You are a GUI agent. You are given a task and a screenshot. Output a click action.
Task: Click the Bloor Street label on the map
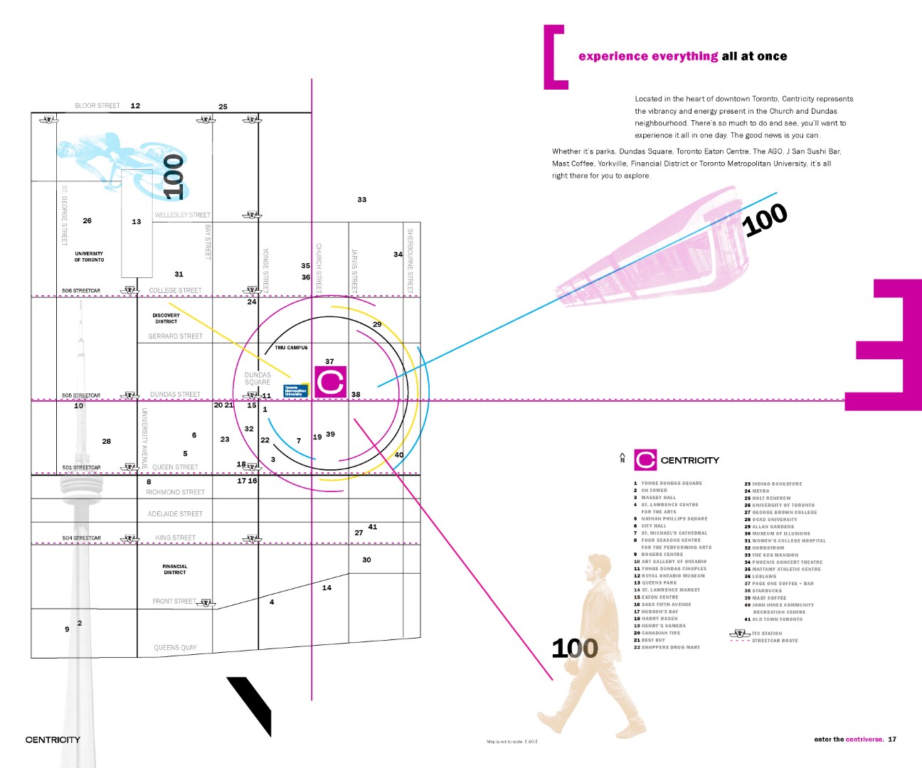click(x=97, y=106)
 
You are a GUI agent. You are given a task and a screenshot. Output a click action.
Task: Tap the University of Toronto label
click(x=89, y=257)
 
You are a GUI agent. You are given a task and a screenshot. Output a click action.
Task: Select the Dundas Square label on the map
click(x=258, y=378)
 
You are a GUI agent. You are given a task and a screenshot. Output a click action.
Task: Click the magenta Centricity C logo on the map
click(x=330, y=382)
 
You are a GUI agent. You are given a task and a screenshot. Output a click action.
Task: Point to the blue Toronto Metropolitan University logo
click(x=295, y=390)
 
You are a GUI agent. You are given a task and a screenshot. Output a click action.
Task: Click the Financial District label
click(x=174, y=570)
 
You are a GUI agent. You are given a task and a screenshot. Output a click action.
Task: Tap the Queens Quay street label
click(x=175, y=648)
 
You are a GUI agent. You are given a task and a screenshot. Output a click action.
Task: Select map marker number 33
click(x=362, y=200)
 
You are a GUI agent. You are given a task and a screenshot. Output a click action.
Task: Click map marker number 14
click(x=327, y=588)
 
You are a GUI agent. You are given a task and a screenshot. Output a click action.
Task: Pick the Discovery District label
click(x=166, y=319)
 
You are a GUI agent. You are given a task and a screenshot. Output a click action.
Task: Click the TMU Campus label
click(x=292, y=348)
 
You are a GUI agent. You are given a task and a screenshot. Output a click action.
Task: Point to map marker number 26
click(x=87, y=220)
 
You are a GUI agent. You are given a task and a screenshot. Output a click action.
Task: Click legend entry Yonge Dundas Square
click(x=671, y=484)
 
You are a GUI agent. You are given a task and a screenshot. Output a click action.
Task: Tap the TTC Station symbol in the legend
click(x=740, y=633)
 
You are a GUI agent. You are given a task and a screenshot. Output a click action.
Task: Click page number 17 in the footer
click(x=892, y=740)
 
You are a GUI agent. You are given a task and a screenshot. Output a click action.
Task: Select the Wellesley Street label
click(x=182, y=215)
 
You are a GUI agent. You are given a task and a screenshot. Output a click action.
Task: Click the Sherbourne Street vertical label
click(x=410, y=260)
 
